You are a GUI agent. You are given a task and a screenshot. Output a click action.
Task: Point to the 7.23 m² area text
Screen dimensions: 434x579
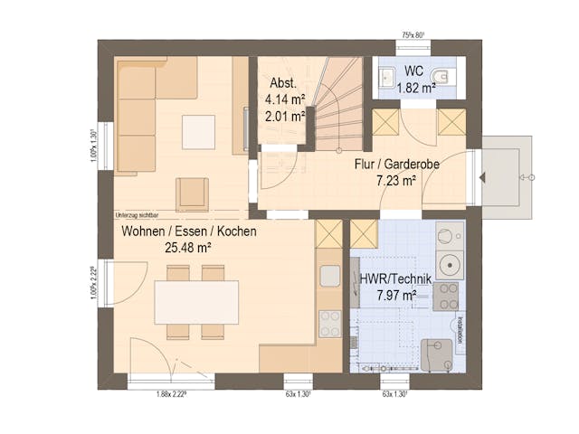396,181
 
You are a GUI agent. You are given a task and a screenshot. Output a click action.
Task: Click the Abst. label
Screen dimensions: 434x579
281,83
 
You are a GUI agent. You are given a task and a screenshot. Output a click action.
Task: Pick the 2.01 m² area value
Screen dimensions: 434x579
285,116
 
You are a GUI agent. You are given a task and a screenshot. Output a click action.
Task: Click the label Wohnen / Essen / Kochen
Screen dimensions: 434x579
189,231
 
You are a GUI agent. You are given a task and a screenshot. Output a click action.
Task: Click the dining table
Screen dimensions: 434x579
196,302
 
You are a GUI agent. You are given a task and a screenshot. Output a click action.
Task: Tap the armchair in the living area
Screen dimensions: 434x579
192,193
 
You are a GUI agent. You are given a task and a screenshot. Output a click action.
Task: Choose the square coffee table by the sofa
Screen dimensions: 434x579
198,132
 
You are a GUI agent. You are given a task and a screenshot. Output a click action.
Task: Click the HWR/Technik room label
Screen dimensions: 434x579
396,279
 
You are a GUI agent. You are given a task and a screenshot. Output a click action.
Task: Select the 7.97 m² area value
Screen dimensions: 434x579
395,295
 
